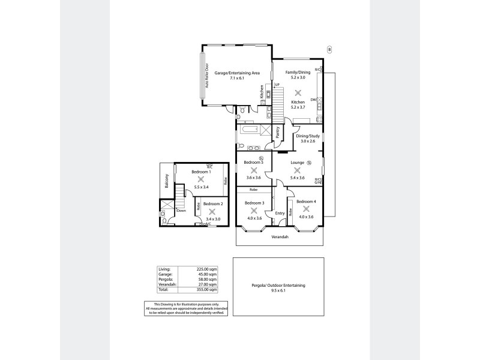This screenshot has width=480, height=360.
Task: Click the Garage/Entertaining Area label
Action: (237, 73)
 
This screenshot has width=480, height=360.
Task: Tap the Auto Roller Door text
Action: (207, 76)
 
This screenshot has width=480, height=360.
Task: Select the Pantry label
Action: (278, 132)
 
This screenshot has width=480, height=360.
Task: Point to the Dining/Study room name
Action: (307, 136)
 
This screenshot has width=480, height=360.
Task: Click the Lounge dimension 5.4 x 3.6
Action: (298, 178)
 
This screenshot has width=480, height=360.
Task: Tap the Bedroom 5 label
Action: (253, 163)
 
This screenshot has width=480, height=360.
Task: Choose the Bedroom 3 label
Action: (254, 203)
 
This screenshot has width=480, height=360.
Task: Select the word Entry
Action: (280, 213)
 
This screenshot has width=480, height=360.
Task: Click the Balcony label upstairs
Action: (166, 182)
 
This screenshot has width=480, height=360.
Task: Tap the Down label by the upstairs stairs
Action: (181, 210)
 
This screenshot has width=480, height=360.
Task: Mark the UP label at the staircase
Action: (277, 85)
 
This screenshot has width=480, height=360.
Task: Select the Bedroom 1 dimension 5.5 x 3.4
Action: (201, 187)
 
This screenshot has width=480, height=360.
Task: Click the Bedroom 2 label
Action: (212, 204)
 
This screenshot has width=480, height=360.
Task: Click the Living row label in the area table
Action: (164, 269)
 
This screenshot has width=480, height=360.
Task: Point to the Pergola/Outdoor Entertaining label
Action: (278, 285)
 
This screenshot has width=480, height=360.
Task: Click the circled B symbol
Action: (328, 49)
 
